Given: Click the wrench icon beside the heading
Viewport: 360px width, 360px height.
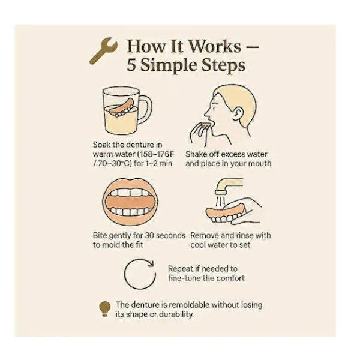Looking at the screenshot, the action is click(x=103, y=50).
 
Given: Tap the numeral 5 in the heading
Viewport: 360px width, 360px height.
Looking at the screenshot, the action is click(x=131, y=65).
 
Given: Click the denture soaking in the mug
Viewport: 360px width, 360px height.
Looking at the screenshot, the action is click(x=122, y=108).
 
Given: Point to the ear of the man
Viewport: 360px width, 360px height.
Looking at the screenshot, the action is click(x=239, y=113).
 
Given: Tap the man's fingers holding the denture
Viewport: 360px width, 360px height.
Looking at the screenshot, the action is click(x=198, y=133).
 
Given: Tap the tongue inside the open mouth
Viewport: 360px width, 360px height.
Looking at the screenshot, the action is click(x=130, y=202).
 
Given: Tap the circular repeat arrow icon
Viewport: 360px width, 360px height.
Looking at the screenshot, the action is click(x=140, y=289).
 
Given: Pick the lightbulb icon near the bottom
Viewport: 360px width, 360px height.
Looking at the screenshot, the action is click(x=104, y=309).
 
